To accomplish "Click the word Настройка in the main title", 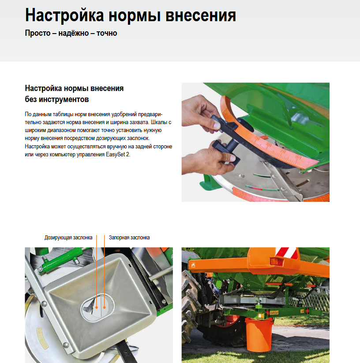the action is click(x=64, y=16).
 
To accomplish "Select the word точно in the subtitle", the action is click(x=107, y=33).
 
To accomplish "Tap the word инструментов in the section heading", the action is click(x=64, y=99).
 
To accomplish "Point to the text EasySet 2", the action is click(x=118, y=155).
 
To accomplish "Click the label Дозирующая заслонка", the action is click(x=68, y=238).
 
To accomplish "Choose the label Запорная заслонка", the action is click(x=129, y=238).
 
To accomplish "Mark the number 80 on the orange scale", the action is click(x=298, y=157).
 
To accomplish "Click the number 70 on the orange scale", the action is click(x=282, y=151).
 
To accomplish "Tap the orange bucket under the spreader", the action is click(x=259, y=334).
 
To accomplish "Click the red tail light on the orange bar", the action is click(x=277, y=261).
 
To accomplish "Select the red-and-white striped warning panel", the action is click(x=285, y=253).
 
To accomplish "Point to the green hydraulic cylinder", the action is click(x=60, y=259).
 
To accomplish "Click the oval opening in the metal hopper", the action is click(x=98, y=307).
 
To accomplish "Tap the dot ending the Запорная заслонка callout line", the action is click(x=104, y=307).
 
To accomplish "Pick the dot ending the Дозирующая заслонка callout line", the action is click(x=97, y=307).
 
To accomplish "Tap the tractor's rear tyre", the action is click(x=192, y=308).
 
